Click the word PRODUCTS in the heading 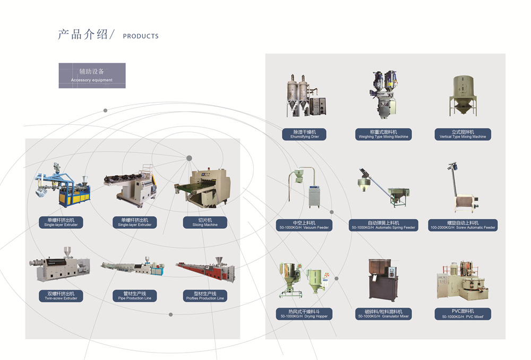(x=140, y=36)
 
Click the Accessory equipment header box (x=92, y=75)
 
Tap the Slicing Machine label (x=204, y=222)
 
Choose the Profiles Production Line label (x=204, y=296)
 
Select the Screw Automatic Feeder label (x=463, y=225)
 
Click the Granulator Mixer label (x=383, y=313)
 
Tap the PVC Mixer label (x=463, y=313)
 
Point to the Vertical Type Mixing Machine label (x=463, y=134)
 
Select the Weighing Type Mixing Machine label (x=383, y=134)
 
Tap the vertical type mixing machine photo (x=463, y=96)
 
